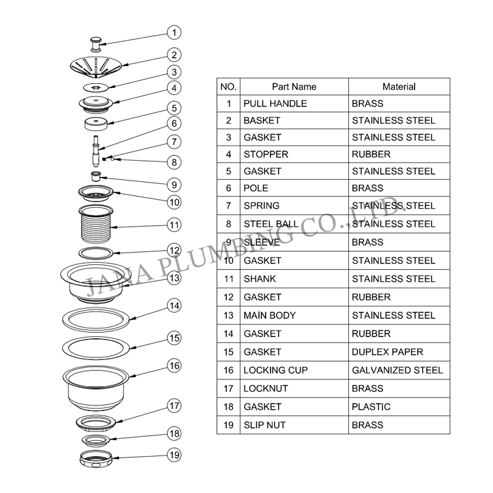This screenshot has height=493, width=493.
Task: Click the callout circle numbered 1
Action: (174, 33)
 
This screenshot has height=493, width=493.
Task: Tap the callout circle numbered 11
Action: (174, 224)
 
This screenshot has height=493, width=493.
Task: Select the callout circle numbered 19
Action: (174, 455)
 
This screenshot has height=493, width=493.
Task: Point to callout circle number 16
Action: (174, 365)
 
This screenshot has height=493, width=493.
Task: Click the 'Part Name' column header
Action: (294, 87)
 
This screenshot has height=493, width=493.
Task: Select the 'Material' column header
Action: (399, 87)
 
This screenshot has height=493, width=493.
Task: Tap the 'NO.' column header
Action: (228, 87)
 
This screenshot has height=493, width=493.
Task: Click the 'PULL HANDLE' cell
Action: (275, 104)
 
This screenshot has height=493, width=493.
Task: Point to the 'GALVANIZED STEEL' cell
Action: (397, 370)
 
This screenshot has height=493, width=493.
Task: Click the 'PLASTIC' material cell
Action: (371, 407)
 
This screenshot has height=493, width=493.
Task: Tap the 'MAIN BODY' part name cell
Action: (269, 316)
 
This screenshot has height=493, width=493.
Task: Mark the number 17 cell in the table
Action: (229, 389)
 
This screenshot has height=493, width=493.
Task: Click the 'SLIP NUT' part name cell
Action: (264, 425)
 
